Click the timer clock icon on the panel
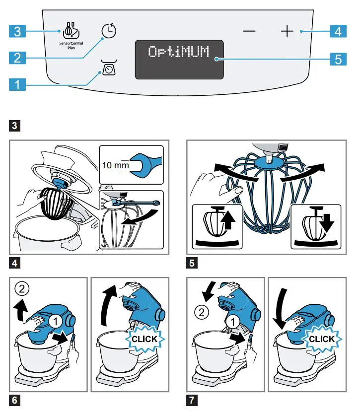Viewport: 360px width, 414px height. pos(109,31)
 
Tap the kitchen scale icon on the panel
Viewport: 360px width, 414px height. pos(108,68)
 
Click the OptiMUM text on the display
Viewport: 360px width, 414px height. pos(179,52)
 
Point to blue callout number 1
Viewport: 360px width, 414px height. pos(17,85)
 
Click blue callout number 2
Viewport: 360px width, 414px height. pos(17,58)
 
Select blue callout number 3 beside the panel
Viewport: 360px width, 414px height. pos(17,32)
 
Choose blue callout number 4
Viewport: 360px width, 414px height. pos(338,32)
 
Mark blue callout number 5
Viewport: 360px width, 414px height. pos(338,59)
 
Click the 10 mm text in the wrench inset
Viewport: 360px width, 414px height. pos(115,164)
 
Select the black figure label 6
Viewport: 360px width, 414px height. pos(15,399)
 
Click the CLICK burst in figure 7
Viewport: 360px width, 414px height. pos(321,340)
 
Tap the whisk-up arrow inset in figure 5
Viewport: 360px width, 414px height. pos(217,226)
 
